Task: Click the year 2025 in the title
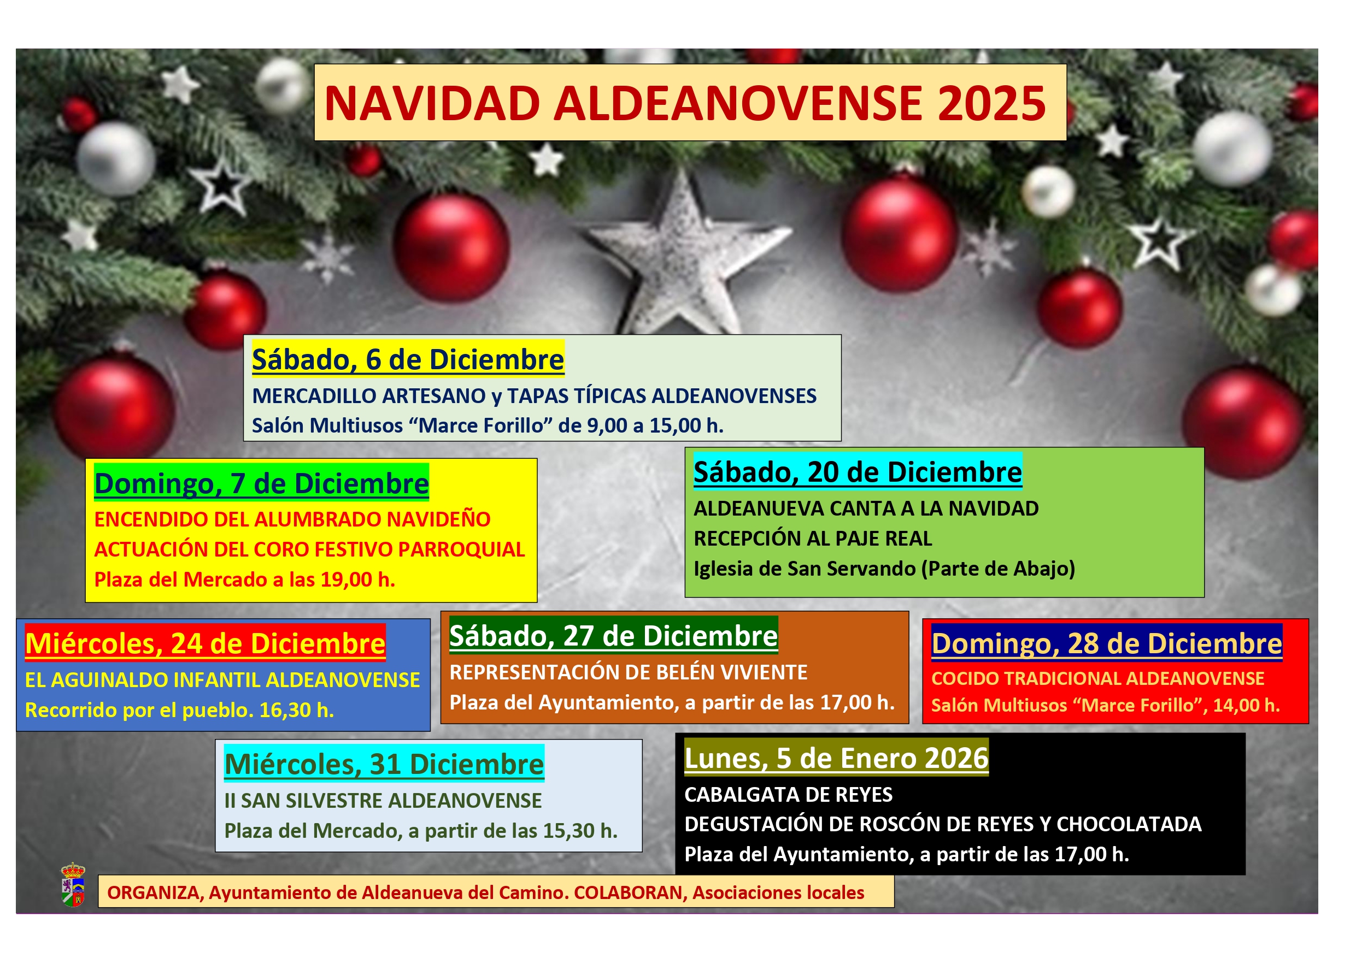click(991, 104)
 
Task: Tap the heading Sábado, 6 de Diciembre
click(408, 359)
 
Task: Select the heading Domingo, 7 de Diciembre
click(262, 483)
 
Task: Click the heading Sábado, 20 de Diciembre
click(858, 472)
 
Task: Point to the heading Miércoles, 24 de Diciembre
click(205, 643)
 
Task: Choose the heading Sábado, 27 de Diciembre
click(614, 636)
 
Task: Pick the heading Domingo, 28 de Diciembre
click(1107, 643)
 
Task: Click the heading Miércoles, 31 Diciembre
click(384, 765)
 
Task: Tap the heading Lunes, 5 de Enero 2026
click(836, 758)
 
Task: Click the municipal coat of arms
click(73, 884)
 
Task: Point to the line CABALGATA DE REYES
click(789, 795)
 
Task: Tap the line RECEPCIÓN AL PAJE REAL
click(813, 539)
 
